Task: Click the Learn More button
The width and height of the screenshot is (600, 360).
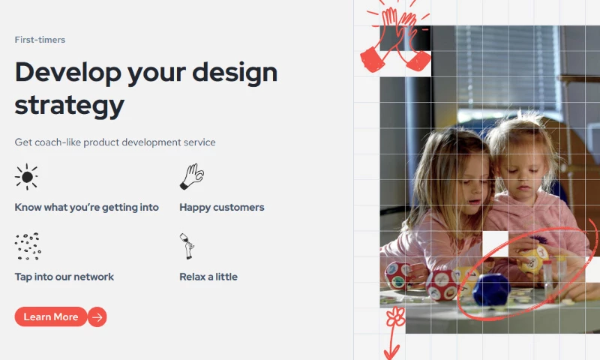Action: pos(51,316)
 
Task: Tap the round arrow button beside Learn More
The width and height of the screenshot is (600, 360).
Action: pos(97,317)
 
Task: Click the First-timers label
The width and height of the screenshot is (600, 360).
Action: pos(40,40)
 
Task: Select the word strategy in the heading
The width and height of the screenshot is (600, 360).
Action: pos(69,106)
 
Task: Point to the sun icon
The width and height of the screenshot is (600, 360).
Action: pos(26,177)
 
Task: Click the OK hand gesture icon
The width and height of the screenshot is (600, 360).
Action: pos(192,176)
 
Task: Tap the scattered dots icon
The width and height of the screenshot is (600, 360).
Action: pos(28,247)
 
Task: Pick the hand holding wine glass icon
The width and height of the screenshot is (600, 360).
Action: pos(187,247)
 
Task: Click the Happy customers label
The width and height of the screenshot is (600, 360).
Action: pos(222,207)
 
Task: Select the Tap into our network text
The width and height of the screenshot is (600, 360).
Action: pos(64,277)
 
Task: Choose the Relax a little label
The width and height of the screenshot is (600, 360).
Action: pos(208,277)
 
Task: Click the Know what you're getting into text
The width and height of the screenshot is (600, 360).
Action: pos(86,207)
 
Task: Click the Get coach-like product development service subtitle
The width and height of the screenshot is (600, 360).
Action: pos(115,142)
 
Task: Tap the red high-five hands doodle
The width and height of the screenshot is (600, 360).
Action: pos(396,38)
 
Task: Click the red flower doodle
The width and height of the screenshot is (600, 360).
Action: pos(396,316)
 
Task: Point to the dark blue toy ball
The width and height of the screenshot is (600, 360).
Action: pos(491,289)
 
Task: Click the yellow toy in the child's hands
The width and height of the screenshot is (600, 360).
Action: pos(533,259)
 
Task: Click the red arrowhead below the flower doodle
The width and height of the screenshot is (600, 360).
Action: pos(391,352)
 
